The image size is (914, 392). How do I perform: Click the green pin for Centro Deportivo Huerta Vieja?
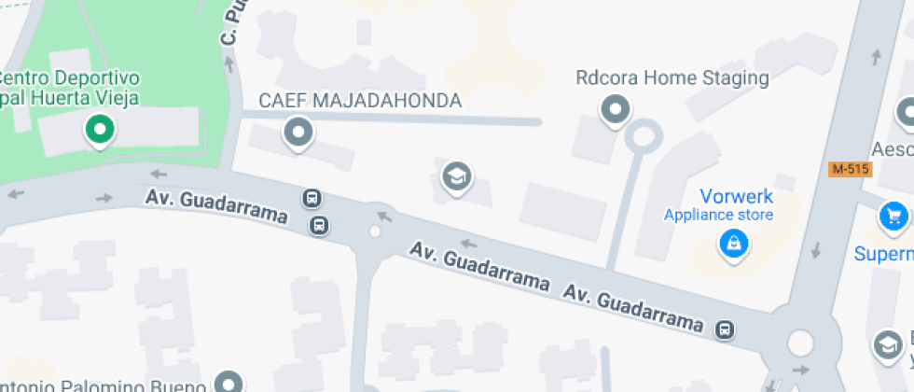(99, 130)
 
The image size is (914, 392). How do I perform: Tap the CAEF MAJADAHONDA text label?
(360, 101)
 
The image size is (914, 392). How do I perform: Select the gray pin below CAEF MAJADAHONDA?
(298, 133)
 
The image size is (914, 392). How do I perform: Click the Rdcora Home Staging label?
(672, 77)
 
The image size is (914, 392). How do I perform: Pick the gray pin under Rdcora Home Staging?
(616, 111)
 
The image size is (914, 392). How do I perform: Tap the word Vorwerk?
(736, 196)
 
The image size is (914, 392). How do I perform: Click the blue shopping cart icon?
(894, 217)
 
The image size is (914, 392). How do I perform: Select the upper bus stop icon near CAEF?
(312, 198)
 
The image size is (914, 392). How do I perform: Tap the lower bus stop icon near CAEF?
(319, 225)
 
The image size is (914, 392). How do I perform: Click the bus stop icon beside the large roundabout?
(724, 329)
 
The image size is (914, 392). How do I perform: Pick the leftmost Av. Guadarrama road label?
(215, 206)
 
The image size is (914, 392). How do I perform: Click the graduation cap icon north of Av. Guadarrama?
(455, 175)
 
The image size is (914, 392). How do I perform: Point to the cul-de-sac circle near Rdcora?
(643, 136)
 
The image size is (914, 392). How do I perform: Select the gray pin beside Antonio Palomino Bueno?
(228, 381)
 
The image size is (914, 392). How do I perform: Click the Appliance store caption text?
(718, 216)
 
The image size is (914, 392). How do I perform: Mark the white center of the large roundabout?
(800, 343)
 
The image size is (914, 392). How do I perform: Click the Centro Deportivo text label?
(70, 77)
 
